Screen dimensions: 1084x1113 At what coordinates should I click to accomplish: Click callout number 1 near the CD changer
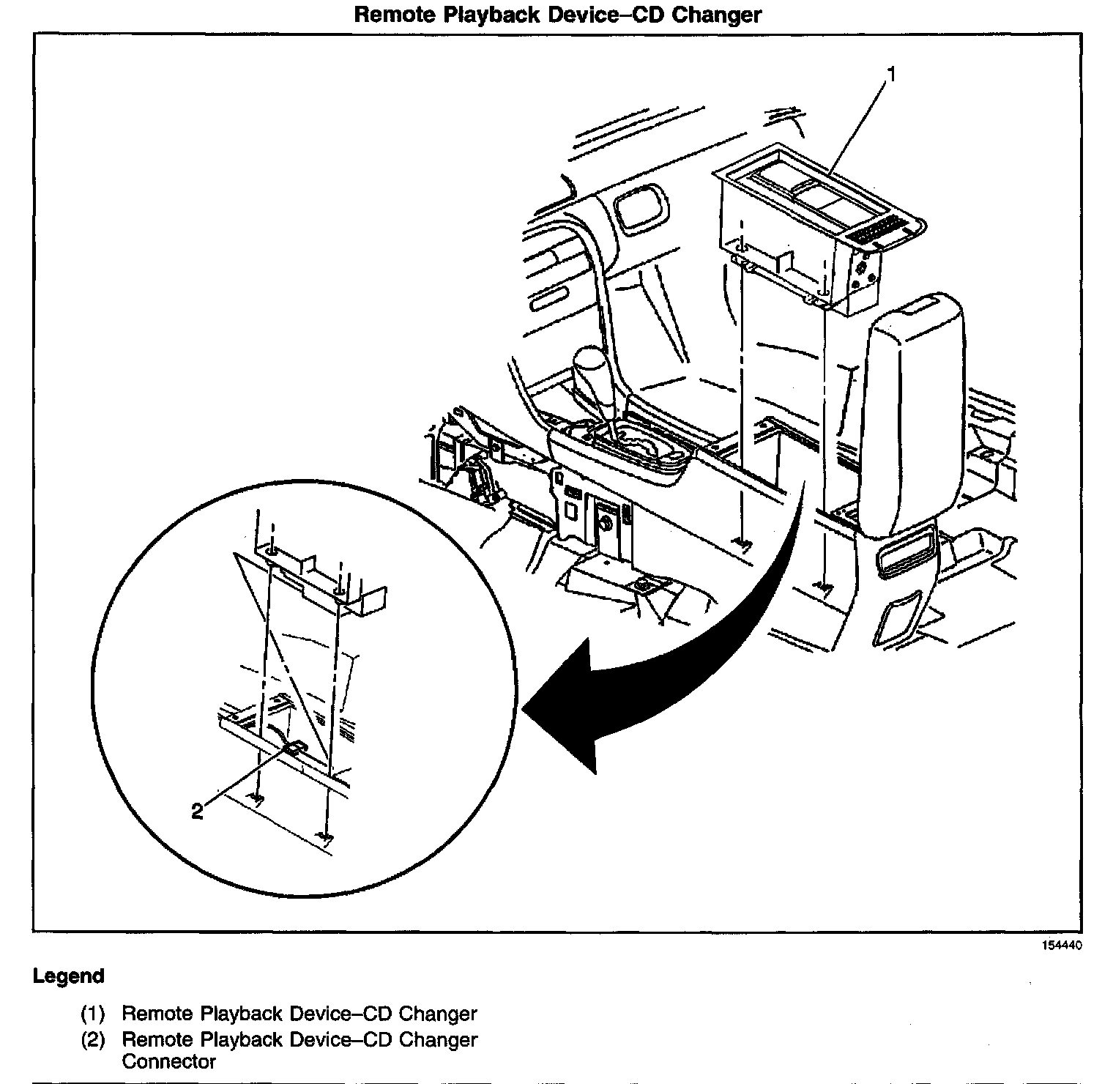tap(891, 74)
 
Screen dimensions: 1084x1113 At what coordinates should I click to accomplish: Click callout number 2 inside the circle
tap(197, 811)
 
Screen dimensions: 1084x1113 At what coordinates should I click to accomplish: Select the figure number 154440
tap(1062, 946)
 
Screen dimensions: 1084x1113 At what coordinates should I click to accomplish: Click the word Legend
tap(69, 976)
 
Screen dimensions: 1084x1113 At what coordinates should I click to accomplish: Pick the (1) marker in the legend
tap(93, 1014)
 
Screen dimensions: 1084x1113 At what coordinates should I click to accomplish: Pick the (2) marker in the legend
tap(93, 1039)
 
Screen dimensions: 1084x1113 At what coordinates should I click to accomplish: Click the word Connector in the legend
tap(169, 1061)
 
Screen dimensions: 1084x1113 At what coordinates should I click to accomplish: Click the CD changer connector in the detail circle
tap(294, 747)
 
